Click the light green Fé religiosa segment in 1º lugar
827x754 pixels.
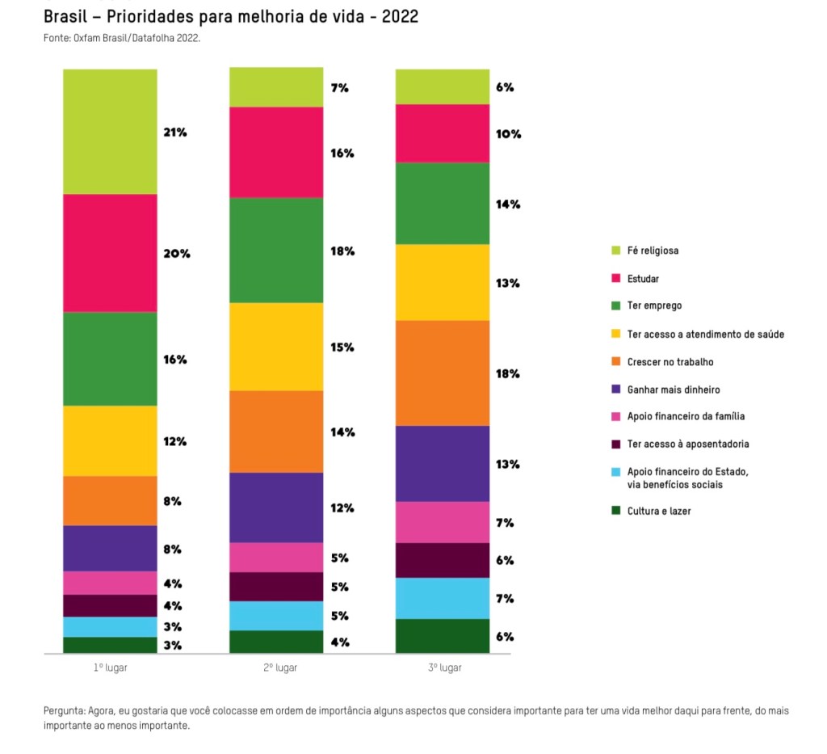110,132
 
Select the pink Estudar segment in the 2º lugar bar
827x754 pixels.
276,152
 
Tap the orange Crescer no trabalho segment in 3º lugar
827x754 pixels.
442,373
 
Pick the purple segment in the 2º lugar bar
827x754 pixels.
276,507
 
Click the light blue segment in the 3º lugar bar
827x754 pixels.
442,598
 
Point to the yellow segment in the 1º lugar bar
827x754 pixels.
110,440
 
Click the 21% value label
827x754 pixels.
175,133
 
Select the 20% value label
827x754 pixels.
177,254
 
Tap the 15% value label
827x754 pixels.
342,348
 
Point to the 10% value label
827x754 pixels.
508,134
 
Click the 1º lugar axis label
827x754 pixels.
110,668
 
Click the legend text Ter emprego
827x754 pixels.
654,305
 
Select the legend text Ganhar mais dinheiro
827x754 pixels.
673,390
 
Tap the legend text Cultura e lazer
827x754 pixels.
658,511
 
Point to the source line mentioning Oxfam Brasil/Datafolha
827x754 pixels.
121,38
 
